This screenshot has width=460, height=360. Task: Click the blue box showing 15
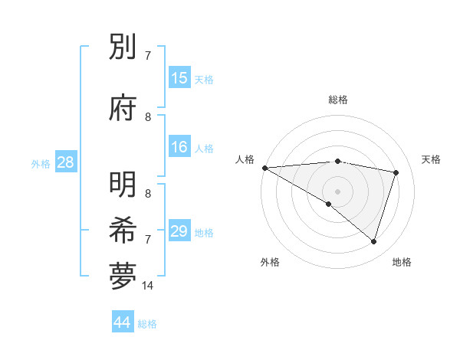click(179, 78)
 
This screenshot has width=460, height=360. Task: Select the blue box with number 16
click(179, 147)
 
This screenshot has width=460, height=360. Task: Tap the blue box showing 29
click(179, 231)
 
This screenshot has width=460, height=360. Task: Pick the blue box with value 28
click(65, 162)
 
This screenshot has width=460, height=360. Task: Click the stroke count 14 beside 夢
click(148, 286)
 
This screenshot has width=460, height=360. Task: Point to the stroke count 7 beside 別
click(148, 56)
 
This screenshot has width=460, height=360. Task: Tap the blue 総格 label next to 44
click(147, 324)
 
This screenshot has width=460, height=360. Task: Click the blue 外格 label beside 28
click(41, 163)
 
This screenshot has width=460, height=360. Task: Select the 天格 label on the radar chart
click(431, 159)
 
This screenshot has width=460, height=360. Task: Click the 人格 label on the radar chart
click(245, 159)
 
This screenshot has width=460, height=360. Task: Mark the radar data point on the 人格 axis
click(264, 168)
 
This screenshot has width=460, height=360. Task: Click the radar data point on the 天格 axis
click(396, 172)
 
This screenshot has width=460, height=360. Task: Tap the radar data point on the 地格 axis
click(373, 242)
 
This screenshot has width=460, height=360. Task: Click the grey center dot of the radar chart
click(337, 191)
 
